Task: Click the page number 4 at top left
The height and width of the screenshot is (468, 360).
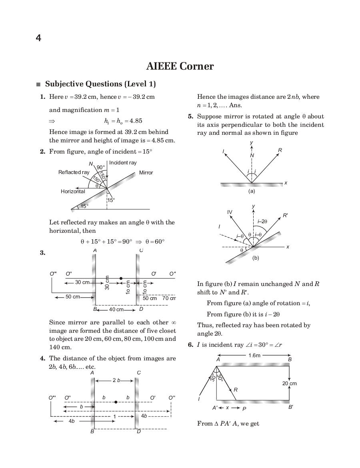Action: click(38, 38)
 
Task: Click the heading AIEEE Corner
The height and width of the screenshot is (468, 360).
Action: click(180, 66)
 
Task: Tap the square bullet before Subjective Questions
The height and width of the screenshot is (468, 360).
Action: click(38, 84)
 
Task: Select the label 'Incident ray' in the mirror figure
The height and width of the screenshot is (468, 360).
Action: click(123, 163)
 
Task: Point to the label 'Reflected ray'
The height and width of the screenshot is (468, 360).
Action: click(74, 172)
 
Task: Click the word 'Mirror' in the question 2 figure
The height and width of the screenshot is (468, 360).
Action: click(146, 173)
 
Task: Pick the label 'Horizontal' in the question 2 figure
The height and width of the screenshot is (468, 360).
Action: click(73, 192)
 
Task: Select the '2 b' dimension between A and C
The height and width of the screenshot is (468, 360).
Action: click(116, 380)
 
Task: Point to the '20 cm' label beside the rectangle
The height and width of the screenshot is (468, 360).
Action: click(289, 383)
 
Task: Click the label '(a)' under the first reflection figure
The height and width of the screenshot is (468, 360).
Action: click(252, 191)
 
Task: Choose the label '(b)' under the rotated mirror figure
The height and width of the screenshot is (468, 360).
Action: click(256, 258)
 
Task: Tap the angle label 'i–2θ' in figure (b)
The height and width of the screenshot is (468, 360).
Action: click(262, 221)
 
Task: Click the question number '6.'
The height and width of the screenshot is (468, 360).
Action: click(191, 345)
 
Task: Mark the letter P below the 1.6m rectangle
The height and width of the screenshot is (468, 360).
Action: click(244, 408)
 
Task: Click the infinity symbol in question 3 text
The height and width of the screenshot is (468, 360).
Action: click(174, 322)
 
